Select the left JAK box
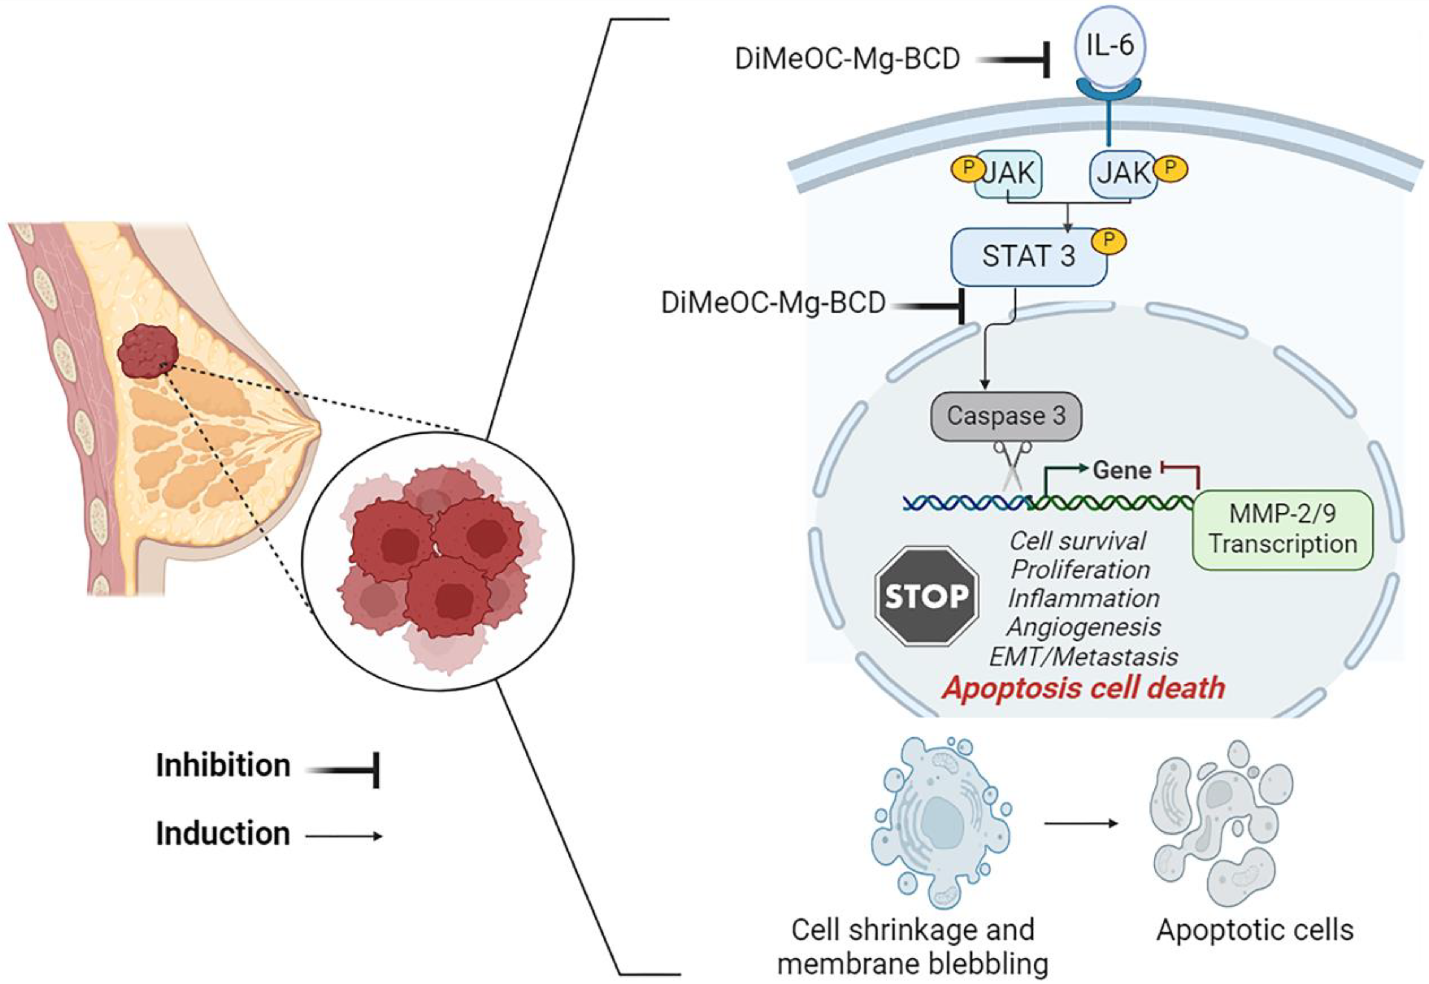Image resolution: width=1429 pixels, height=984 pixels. [1008, 175]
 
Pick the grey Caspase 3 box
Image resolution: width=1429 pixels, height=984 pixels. [1006, 416]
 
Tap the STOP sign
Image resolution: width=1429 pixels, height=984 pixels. [927, 596]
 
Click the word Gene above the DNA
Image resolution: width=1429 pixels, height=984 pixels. [1122, 471]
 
